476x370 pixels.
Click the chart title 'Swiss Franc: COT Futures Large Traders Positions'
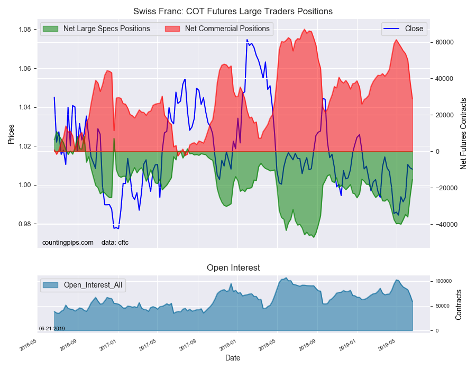pos(233,11)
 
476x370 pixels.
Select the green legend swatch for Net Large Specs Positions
pos(50,29)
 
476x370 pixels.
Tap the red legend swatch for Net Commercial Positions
pos(172,29)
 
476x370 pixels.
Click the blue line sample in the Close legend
pos(391,29)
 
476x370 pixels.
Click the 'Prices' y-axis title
pos(11,134)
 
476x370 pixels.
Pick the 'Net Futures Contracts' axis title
pos(463,133)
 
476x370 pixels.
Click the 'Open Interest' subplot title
pos(233,267)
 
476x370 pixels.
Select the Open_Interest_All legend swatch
pos(50,285)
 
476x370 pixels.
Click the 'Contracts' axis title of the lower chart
pos(459,304)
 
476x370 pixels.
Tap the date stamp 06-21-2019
pos(52,328)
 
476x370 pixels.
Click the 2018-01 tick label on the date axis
pos(227,345)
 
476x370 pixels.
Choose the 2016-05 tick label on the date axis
pos(28,345)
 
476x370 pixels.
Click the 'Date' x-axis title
pos(233,358)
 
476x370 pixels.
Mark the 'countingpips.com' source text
pos(68,243)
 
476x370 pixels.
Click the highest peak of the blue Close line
pos(247,40)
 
